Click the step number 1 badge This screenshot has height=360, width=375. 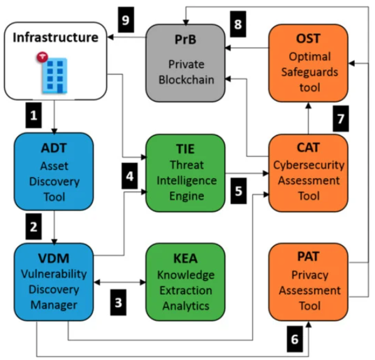coord(33,115)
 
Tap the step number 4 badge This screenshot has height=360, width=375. coord(130,176)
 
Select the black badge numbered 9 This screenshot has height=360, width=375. coord(126,19)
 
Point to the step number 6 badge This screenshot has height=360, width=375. coord(295,339)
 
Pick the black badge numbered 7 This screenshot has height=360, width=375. coord(341,119)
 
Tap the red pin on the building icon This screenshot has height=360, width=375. coord(43,57)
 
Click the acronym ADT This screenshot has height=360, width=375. coord(54,148)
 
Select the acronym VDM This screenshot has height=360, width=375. coord(54,258)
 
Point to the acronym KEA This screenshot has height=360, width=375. coord(186,258)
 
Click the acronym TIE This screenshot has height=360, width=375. coord(186,149)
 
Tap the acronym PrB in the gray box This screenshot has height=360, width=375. coord(186,40)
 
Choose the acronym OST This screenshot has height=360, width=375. coord(309,38)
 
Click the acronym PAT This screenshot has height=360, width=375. coord(309,257)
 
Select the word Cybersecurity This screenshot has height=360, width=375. coord(309,165)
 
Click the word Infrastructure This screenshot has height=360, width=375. coord(55,37)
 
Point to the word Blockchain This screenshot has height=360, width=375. coord(186,80)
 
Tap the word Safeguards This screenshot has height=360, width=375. coord(310,72)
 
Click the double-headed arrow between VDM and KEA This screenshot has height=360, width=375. coord(120,282)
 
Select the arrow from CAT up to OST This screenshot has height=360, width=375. coord(309,118)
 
